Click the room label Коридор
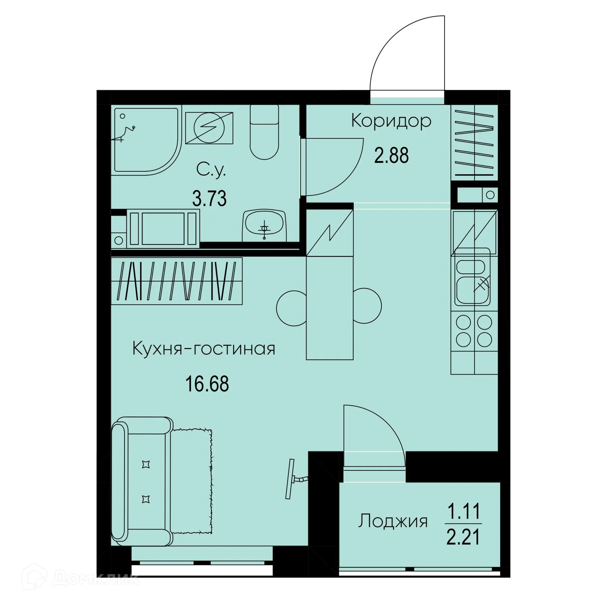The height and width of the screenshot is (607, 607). (391, 121)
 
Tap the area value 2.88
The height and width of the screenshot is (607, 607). (391, 156)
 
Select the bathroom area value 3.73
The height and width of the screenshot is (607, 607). (209, 198)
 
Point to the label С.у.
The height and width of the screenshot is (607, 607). (211, 171)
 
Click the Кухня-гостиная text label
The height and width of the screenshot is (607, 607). (204, 349)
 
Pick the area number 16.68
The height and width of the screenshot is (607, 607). (207, 384)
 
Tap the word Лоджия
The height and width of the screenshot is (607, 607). (393, 521)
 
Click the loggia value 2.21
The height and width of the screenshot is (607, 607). (463, 537)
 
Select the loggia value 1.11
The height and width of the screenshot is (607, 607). (463, 512)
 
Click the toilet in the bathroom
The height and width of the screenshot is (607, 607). (264, 133)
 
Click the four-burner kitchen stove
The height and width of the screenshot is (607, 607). (474, 331)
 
